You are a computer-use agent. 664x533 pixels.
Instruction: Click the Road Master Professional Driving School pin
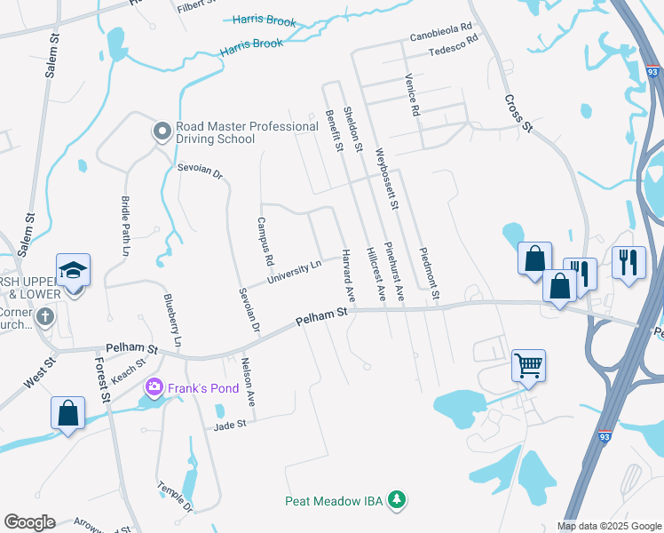pos(162,132)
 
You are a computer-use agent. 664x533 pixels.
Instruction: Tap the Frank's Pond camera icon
pos(154,386)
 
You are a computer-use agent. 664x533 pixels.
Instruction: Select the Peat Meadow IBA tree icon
pos(397,501)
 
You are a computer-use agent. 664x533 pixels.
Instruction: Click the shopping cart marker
pos(528,363)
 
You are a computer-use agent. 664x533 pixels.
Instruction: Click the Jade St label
pos(229,426)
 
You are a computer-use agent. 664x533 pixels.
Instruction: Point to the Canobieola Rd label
pos(441,37)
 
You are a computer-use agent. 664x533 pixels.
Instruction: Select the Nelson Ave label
pos(249,382)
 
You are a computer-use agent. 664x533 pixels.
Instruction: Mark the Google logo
pos(29,522)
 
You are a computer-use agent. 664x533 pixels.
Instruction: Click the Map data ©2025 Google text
pos(608,526)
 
